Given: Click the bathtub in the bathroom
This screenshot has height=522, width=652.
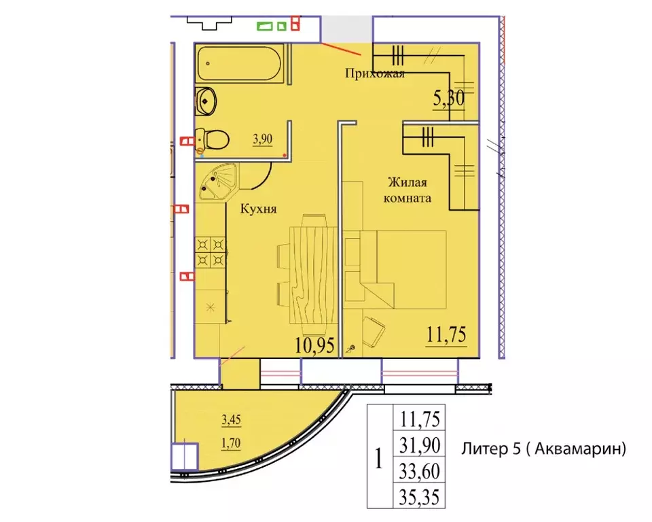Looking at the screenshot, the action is (x=240, y=63).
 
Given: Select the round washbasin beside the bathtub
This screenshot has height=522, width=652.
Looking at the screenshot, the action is (x=205, y=101).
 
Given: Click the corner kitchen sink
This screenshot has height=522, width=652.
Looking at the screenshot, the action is (x=217, y=182).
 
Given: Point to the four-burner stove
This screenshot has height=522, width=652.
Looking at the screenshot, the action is (x=211, y=252).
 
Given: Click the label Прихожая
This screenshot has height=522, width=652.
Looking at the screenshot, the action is (x=375, y=73).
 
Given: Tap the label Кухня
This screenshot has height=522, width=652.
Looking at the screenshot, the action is (x=258, y=209).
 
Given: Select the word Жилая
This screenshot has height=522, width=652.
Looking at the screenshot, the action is (x=407, y=182).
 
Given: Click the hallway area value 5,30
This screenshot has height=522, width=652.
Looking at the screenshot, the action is (x=449, y=99).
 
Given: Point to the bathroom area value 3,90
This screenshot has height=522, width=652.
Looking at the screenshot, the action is (x=262, y=139).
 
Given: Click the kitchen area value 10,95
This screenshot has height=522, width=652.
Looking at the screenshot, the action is (x=314, y=345).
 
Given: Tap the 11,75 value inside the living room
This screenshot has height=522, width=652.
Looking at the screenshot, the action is (x=446, y=334).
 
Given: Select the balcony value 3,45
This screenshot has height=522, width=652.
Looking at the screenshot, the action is (x=231, y=419).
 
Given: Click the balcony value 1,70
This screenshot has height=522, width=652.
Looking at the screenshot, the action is (x=231, y=443).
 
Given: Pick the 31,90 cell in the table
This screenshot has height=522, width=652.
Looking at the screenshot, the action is (x=420, y=445).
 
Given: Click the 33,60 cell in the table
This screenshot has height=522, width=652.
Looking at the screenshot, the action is (x=420, y=471).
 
